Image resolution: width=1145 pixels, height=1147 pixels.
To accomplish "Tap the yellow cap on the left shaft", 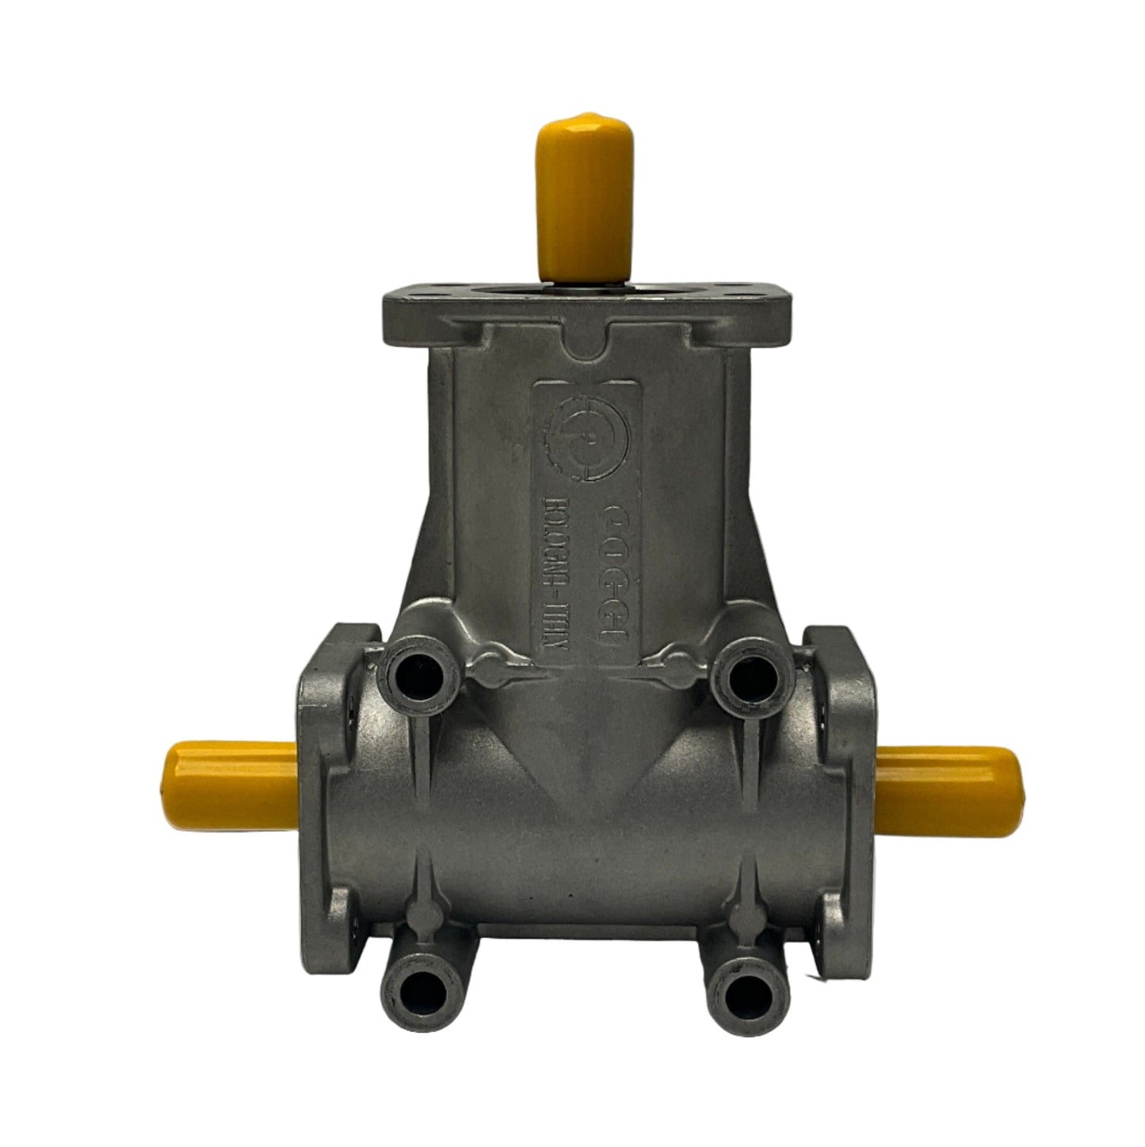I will [x=230, y=779].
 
